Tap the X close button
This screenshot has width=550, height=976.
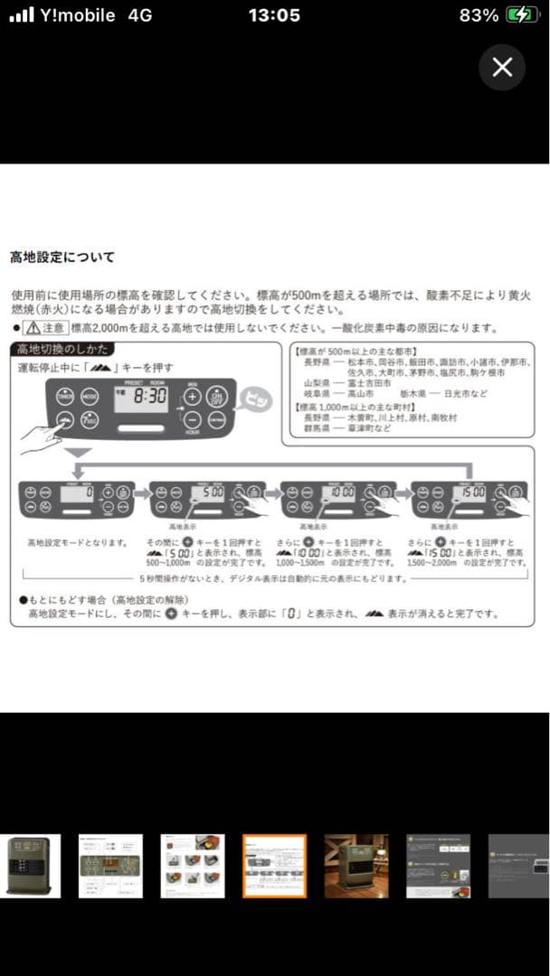(502, 67)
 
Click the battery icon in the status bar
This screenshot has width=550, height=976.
(520, 15)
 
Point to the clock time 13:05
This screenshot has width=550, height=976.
(274, 15)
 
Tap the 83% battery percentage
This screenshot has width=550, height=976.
(479, 15)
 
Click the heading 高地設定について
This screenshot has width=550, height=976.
(62, 258)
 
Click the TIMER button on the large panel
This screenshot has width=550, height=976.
(65, 397)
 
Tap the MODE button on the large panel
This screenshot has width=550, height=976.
(90, 397)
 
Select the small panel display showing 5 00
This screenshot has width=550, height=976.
(210, 493)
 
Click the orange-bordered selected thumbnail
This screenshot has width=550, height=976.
(275, 866)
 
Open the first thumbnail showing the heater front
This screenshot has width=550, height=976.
(30, 866)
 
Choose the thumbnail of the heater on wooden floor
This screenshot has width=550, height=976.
(356, 866)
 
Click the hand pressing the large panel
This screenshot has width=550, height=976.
(41, 437)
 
